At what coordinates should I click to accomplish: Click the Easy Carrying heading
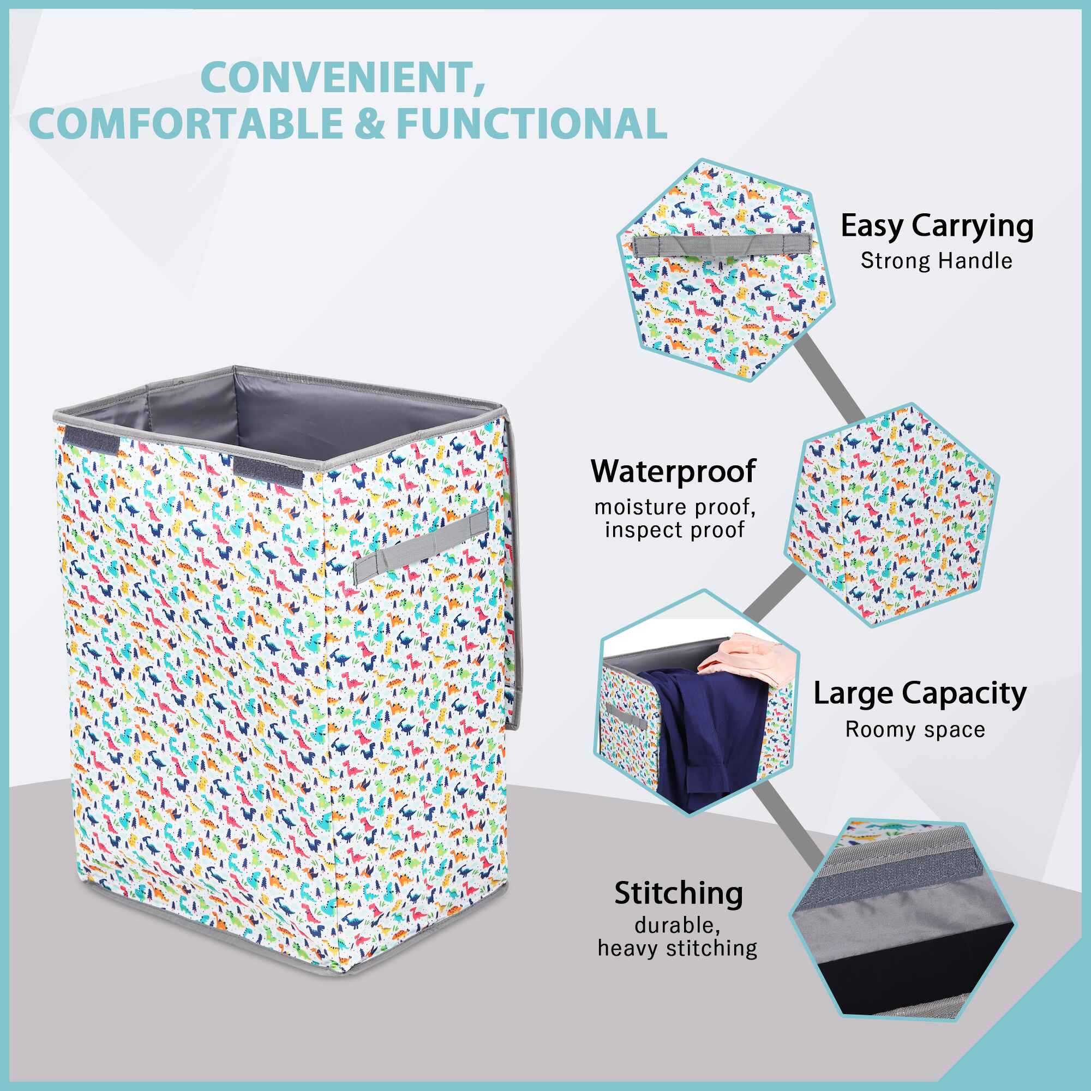click(x=937, y=226)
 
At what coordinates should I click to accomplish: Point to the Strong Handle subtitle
click(x=936, y=261)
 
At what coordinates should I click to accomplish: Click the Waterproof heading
click(x=673, y=471)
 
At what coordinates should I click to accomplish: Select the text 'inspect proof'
click(x=675, y=530)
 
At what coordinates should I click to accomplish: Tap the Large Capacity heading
click(x=920, y=694)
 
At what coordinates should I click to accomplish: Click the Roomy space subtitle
click(x=915, y=729)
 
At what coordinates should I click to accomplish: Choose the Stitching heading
click(x=678, y=894)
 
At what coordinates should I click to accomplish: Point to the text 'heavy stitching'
click(x=677, y=948)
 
